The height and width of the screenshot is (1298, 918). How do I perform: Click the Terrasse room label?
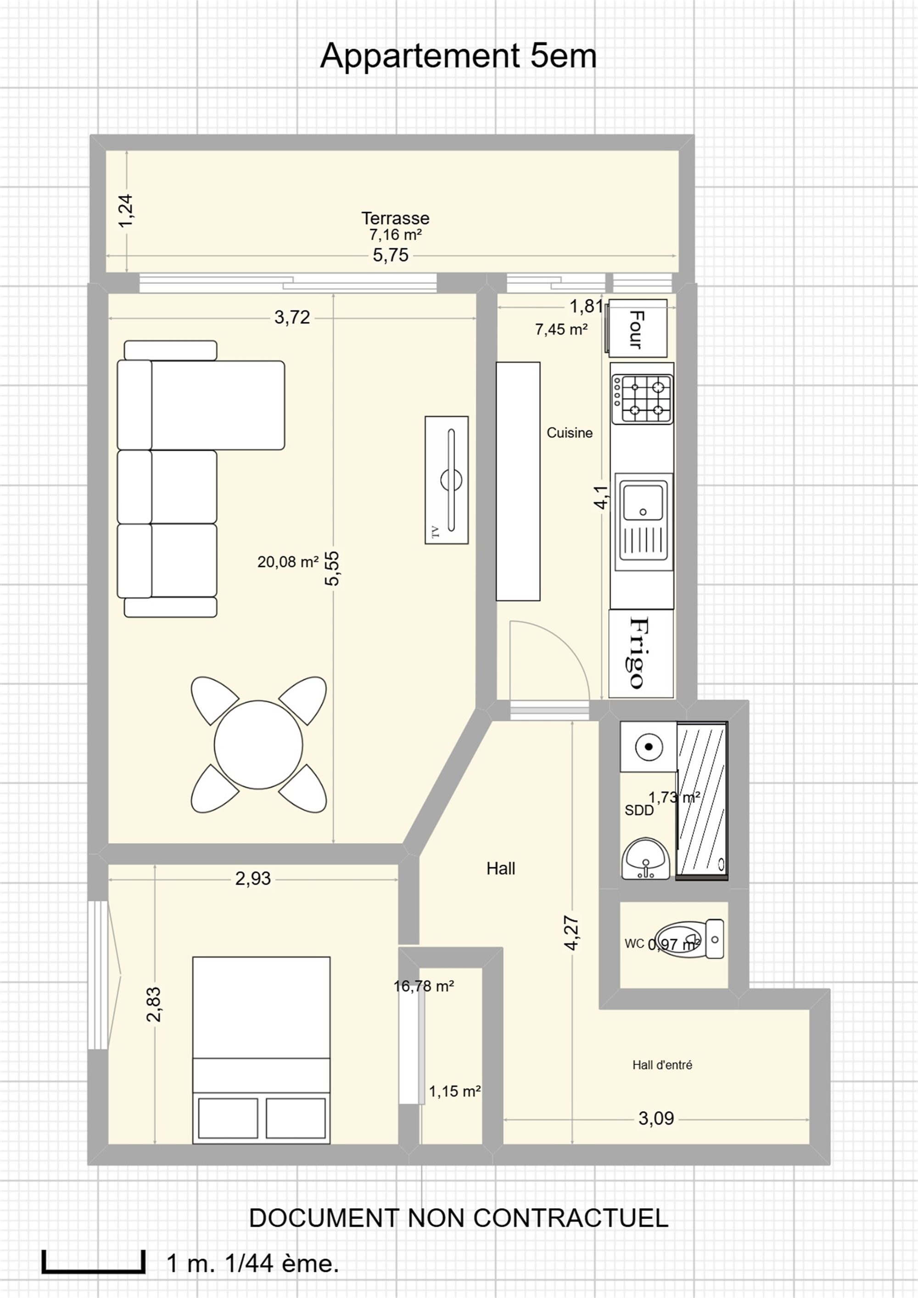pyautogui.click(x=395, y=218)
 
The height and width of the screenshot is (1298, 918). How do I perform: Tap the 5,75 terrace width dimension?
pyautogui.click(x=391, y=256)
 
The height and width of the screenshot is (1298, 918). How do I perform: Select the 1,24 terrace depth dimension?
pyautogui.click(x=126, y=211)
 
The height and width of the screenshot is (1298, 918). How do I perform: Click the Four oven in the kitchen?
pyautogui.click(x=637, y=328)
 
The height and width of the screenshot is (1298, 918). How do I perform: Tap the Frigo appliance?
pyautogui.click(x=642, y=653)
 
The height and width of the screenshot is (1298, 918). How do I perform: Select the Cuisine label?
pyautogui.click(x=570, y=433)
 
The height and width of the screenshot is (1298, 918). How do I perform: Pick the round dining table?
pyautogui.click(x=258, y=745)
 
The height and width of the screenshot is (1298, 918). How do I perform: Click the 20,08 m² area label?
pyautogui.click(x=288, y=562)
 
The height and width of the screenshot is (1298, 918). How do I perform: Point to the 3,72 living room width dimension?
pyautogui.click(x=292, y=318)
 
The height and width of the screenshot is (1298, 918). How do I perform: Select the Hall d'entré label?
pyautogui.click(x=662, y=1065)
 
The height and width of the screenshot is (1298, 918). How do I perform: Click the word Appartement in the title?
pyautogui.click(x=420, y=56)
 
